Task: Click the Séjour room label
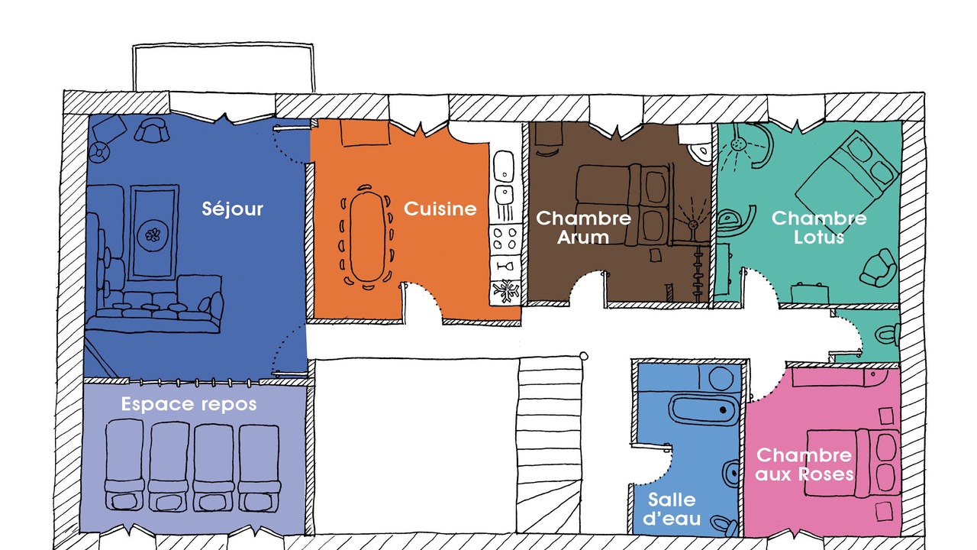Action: coord(233,209)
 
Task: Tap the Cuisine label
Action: coord(440,209)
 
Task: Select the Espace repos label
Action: coord(189,404)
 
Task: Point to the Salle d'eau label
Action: coord(672,509)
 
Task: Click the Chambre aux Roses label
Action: coord(804,464)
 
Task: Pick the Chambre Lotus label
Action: coord(819,228)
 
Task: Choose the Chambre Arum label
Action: coord(583,228)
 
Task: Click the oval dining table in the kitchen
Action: coord(368,237)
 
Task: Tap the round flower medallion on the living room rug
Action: coord(153,235)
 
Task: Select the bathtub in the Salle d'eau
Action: coord(703,409)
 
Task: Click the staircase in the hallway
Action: coord(550,445)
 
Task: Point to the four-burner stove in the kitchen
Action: coord(505,238)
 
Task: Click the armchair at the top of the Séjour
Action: coord(151,130)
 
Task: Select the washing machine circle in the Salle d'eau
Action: coord(721,378)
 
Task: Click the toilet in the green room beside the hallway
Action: coord(887,335)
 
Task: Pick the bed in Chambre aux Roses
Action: coord(853,463)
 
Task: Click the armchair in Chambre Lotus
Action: coord(879,267)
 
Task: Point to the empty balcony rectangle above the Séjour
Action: coord(224,68)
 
